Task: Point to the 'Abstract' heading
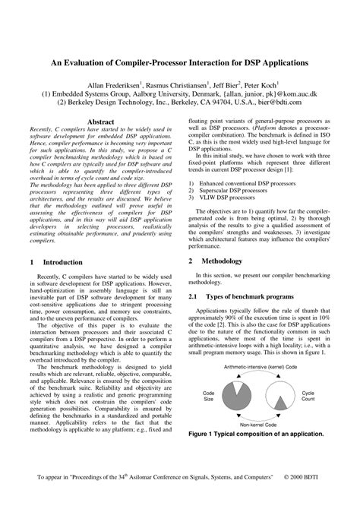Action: pyautogui.click(x=101, y=122)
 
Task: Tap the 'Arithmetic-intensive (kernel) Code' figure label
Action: pyautogui.click(x=260, y=366)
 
